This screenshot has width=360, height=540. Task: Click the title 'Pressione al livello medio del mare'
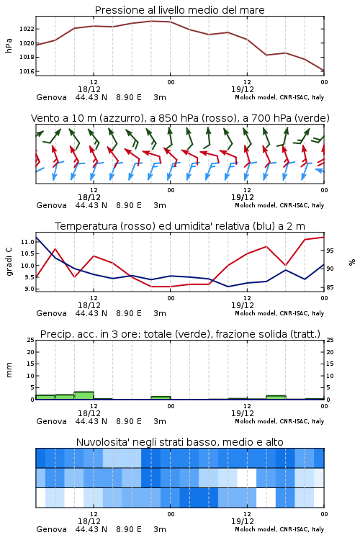pyautogui.click(x=179, y=10)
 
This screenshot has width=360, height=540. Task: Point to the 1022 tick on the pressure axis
pyautogui.click(x=27, y=29)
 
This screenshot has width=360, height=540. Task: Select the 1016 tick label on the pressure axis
pyautogui.click(x=27, y=71)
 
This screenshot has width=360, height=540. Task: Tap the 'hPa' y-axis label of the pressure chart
pyautogui.click(x=9, y=45)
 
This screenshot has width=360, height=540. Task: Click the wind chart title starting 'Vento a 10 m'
pyautogui.click(x=180, y=118)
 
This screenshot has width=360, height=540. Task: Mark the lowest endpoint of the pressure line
pyautogui.click(x=324, y=71)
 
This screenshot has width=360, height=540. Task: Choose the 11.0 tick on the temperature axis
pyautogui.click(x=27, y=242)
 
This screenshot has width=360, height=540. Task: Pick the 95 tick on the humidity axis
pyautogui.click(x=330, y=251)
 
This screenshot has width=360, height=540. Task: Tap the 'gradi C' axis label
pyautogui.click(x=9, y=261)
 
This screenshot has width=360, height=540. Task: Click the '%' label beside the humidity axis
pyautogui.click(x=352, y=262)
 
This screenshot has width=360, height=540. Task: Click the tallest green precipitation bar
pyautogui.click(x=84, y=395)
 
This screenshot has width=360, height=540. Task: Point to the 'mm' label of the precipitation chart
pyautogui.click(x=9, y=369)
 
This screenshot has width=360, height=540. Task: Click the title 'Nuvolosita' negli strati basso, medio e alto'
pyautogui.click(x=179, y=442)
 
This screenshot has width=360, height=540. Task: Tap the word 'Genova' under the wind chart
pyautogui.click(x=51, y=205)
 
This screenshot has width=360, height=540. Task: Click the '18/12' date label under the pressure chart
pyautogui.click(x=89, y=89)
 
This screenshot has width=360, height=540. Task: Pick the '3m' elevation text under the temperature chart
pyautogui.click(x=160, y=313)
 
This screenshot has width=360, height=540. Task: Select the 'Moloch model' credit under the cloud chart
pyautogui.click(x=256, y=529)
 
